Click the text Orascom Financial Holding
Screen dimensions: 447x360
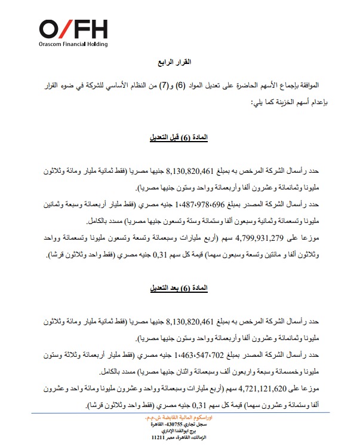[73, 45]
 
